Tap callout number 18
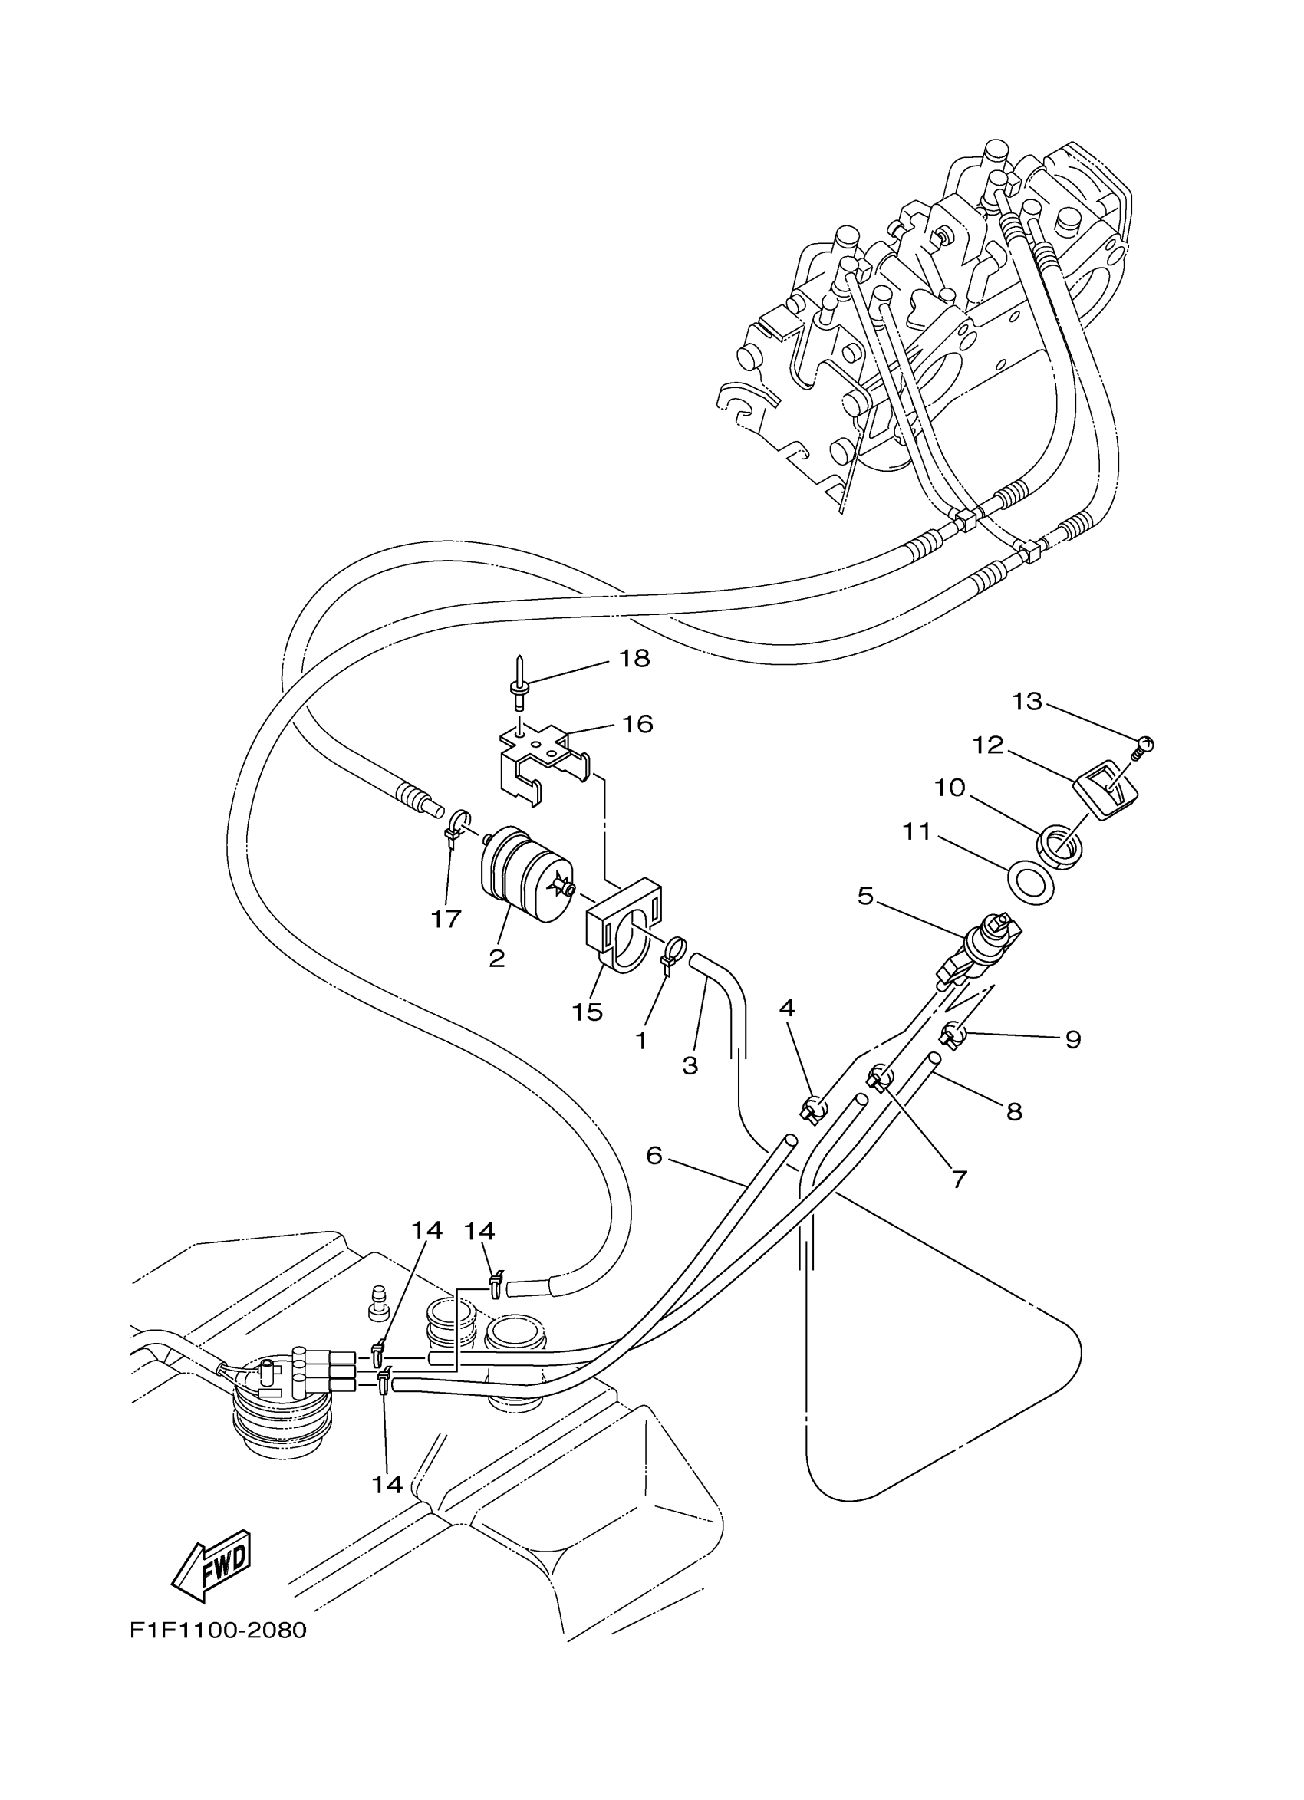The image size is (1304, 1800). tap(634, 658)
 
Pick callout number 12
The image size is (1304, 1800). tap(990, 745)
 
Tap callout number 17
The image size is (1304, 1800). tap(446, 919)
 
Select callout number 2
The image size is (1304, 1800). tap(497, 959)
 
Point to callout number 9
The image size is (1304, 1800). tap(1072, 1040)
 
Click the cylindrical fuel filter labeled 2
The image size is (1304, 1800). tap(524, 874)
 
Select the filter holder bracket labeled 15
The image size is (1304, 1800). tap(624, 928)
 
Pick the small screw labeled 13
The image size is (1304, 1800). tap(1144, 745)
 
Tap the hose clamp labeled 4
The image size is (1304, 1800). tap(812, 1110)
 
